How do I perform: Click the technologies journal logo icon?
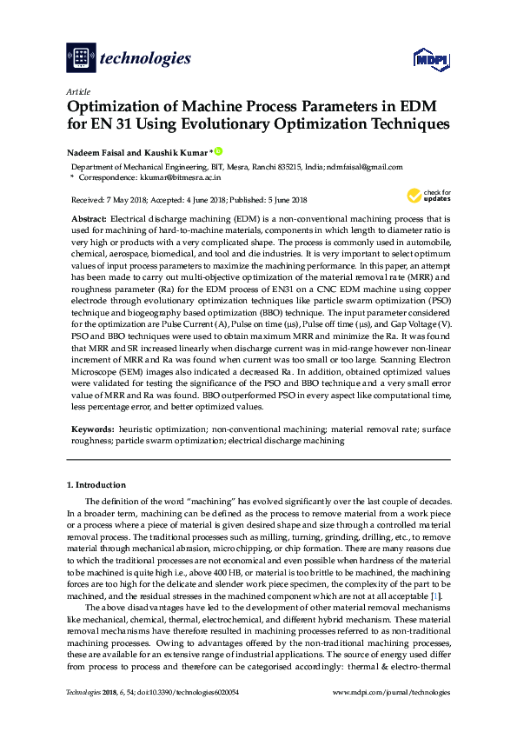pos(81,58)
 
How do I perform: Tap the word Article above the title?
pos(77,91)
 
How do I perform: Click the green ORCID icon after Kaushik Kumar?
pos(218,150)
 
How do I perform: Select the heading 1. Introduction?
pos(96,484)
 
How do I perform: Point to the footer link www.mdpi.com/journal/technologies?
pos(392,693)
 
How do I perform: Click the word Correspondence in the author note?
pos(106,176)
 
